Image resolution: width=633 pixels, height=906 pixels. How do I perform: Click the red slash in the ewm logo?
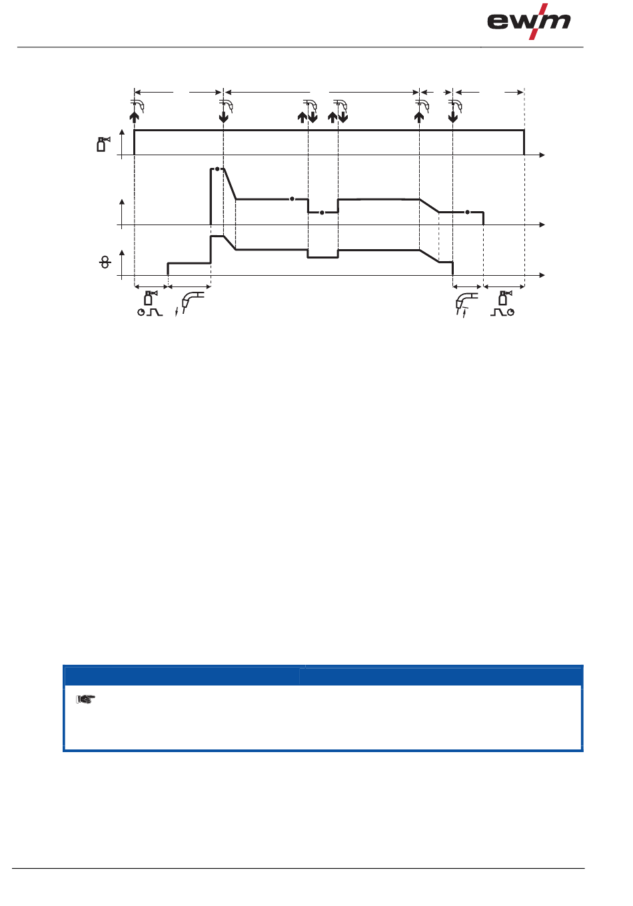(x=538, y=21)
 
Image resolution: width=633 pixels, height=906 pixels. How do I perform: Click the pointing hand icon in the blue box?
(x=86, y=699)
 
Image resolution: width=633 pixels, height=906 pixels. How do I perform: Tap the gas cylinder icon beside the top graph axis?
(x=103, y=145)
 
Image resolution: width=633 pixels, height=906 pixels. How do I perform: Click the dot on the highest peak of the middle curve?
(x=217, y=169)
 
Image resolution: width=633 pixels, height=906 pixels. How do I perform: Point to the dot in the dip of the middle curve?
(x=322, y=213)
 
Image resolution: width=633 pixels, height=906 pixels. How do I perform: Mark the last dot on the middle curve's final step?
(x=467, y=212)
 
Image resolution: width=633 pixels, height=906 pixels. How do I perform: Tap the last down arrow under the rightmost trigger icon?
(x=453, y=117)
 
